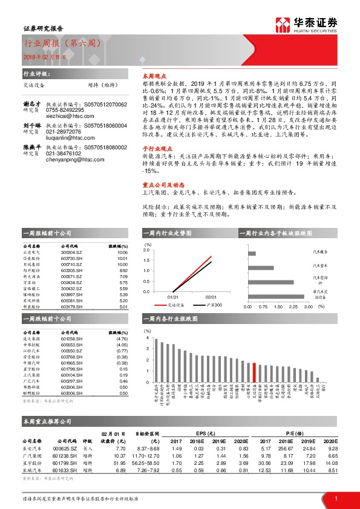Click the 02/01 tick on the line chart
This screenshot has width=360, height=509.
tap(211, 297)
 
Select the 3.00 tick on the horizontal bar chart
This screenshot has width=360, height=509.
tap(307, 307)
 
